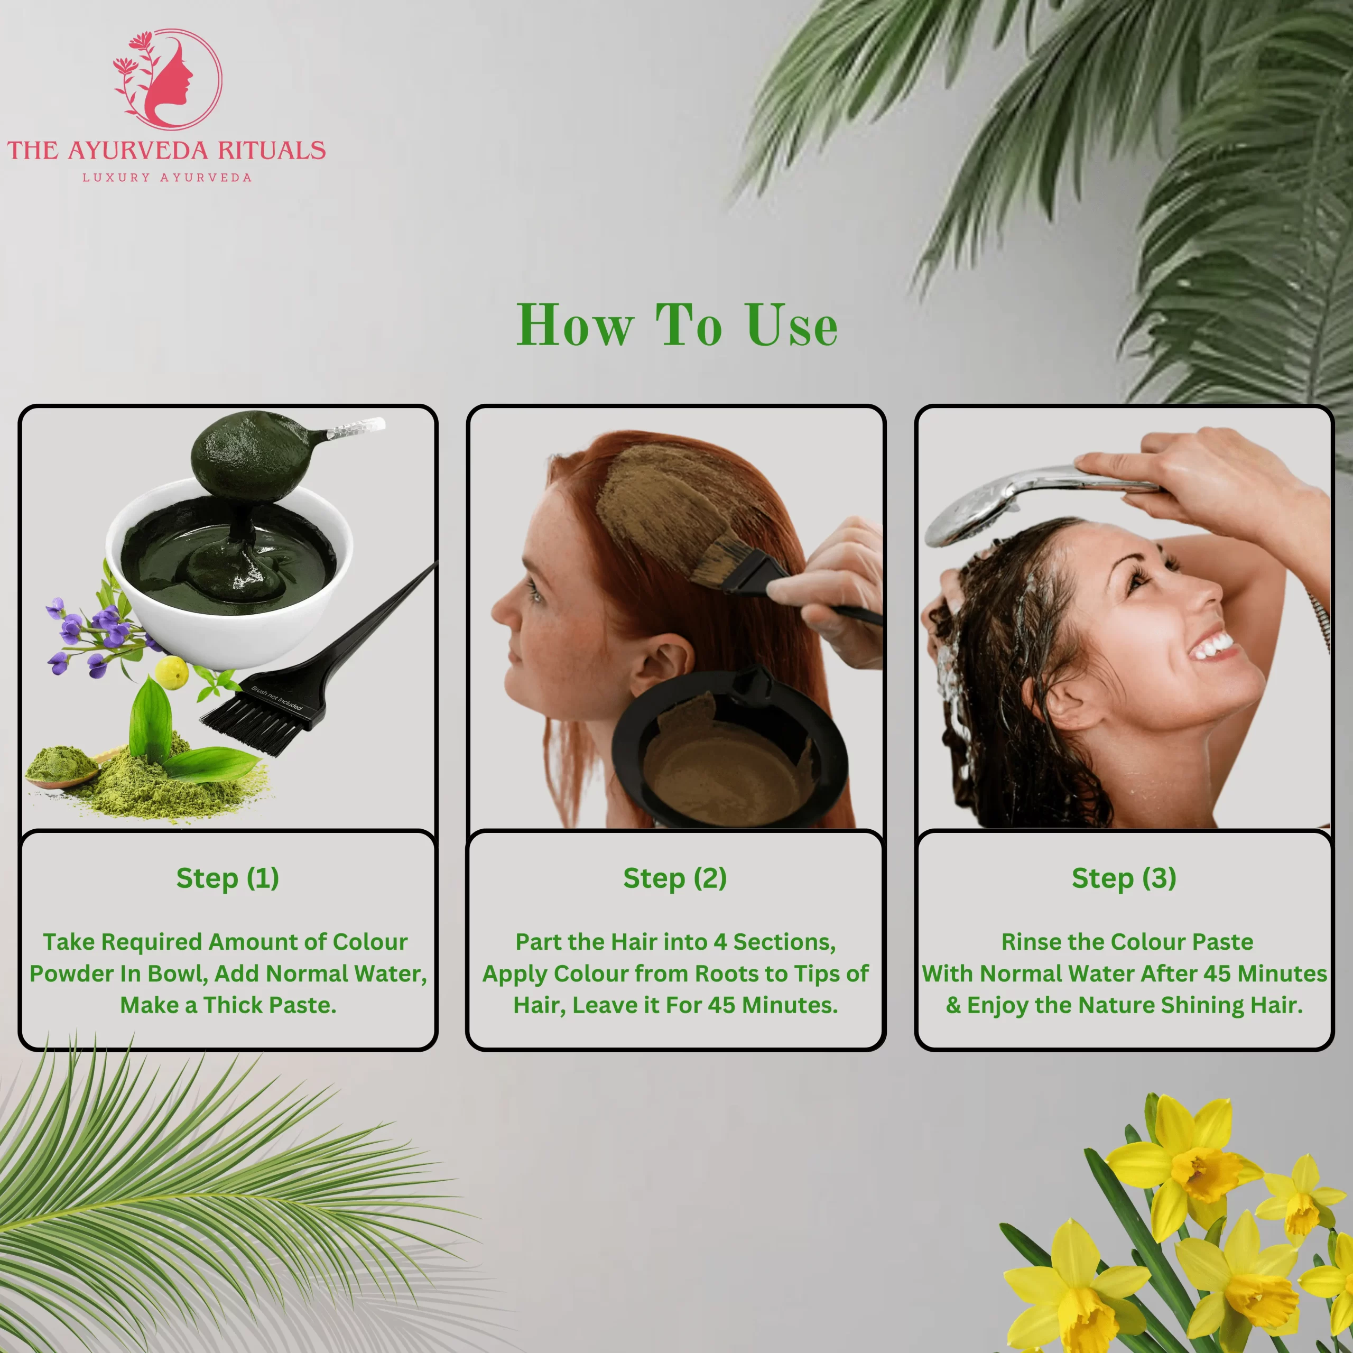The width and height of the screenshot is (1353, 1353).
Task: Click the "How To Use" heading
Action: coord(676,325)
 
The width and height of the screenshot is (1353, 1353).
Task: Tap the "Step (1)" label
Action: coord(228,878)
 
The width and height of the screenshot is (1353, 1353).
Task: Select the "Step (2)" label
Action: coord(675,878)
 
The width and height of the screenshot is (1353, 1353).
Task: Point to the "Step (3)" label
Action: coord(1124,878)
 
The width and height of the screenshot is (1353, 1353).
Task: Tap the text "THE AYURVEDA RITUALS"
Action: coord(166,151)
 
